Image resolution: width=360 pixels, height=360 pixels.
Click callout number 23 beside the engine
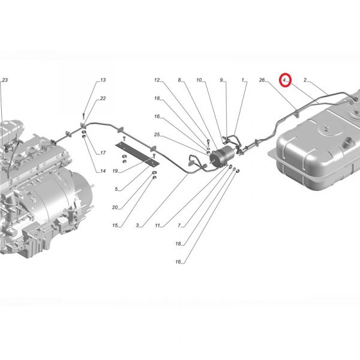click(x=5, y=80)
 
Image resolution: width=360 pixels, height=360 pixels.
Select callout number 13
click(x=103, y=80)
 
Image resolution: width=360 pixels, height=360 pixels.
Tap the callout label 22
click(x=103, y=98)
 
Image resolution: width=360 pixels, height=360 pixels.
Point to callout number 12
click(x=157, y=80)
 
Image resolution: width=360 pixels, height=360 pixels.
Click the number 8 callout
click(x=179, y=80)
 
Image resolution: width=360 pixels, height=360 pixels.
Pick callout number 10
click(x=199, y=80)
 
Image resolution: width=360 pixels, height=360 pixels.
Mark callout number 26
click(x=262, y=80)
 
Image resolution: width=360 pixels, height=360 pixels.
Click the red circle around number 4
click(x=285, y=80)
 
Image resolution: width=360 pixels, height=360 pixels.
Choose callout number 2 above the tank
click(x=305, y=80)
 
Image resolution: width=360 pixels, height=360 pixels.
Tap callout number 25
click(x=157, y=134)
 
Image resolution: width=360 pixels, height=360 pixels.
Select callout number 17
click(x=103, y=152)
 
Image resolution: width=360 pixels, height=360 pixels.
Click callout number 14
click(x=103, y=171)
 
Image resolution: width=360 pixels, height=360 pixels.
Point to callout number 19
click(x=115, y=171)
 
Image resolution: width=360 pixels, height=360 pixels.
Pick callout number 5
click(x=116, y=189)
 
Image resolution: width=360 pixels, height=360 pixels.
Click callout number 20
click(x=115, y=208)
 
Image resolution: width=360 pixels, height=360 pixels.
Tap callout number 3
click(x=137, y=226)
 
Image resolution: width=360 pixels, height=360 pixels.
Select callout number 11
click(x=157, y=226)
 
